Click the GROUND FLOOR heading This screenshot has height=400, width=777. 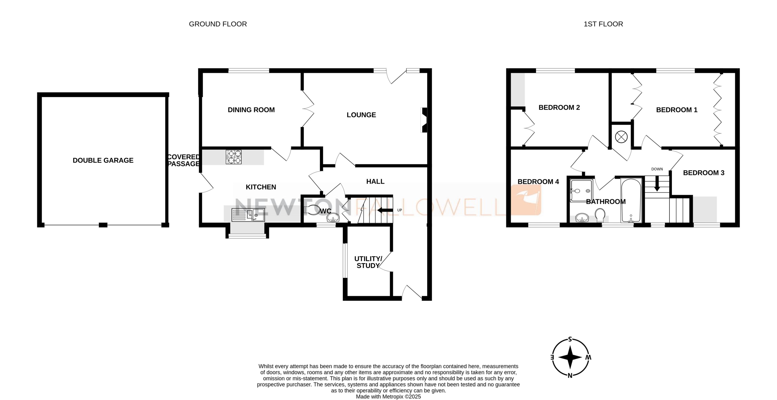point(218,24)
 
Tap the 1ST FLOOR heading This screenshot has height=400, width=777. point(603,24)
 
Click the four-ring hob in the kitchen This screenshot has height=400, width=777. point(234,157)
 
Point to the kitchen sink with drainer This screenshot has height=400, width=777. point(248,215)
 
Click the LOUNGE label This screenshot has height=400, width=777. point(361,115)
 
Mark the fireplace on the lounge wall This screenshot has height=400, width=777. point(424,120)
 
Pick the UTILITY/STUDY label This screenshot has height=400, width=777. point(368,262)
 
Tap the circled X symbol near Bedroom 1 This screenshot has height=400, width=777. point(621,137)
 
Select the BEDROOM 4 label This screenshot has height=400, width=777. point(538,182)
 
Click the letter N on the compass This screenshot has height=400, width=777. point(570,376)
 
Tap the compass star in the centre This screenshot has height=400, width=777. point(570,357)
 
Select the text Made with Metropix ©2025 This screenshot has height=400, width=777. point(388,397)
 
